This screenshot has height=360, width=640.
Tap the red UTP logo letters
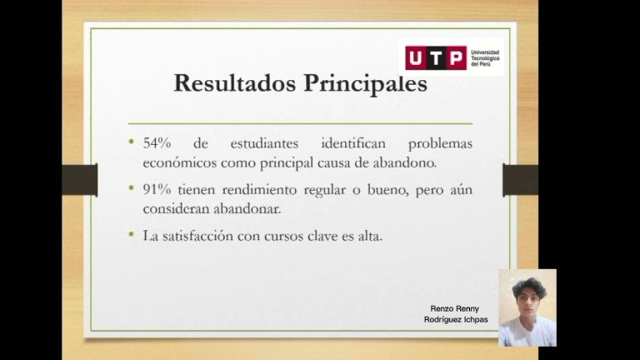click(x=436, y=57)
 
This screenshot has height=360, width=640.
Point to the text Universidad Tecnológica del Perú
click(x=485, y=57)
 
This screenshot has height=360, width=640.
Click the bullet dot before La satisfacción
click(x=131, y=235)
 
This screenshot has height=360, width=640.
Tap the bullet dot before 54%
click(x=131, y=142)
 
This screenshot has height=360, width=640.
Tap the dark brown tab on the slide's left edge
click(x=80, y=180)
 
